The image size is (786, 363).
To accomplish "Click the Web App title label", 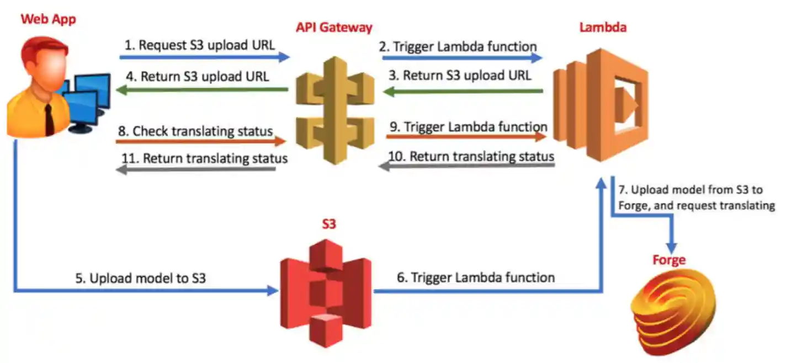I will [48, 19].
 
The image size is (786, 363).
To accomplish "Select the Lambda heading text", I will [603, 27].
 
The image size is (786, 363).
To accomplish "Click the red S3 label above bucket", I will [328, 224].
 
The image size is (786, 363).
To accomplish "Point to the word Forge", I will [669, 259].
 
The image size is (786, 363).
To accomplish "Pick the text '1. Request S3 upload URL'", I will [199, 45].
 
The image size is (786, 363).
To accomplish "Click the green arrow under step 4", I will [201, 89].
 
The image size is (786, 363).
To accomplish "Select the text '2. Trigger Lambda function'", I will [458, 46].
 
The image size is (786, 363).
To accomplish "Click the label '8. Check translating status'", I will [195, 131].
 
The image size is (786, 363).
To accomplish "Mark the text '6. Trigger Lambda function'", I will [475, 277].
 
